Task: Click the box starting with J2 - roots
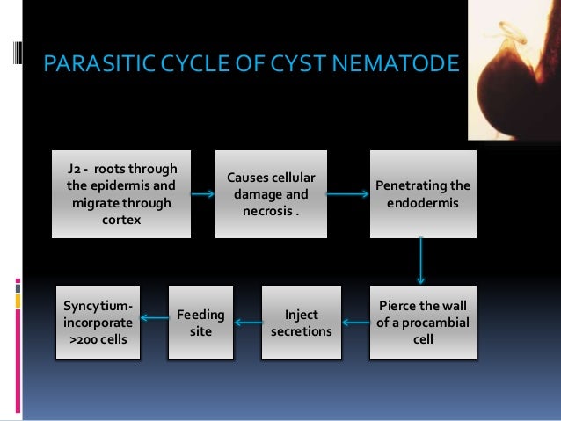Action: (x=120, y=194)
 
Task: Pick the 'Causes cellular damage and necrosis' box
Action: (x=272, y=194)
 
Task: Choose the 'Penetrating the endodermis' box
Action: (x=422, y=194)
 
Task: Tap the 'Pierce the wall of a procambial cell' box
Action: (x=422, y=323)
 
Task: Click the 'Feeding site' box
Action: (x=201, y=323)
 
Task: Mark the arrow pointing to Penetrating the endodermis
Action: (x=348, y=194)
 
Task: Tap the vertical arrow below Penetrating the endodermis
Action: (x=422, y=258)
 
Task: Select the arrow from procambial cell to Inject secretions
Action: (x=355, y=323)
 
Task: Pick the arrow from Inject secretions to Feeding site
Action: (x=250, y=323)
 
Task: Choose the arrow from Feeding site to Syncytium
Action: (x=155, y=317)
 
